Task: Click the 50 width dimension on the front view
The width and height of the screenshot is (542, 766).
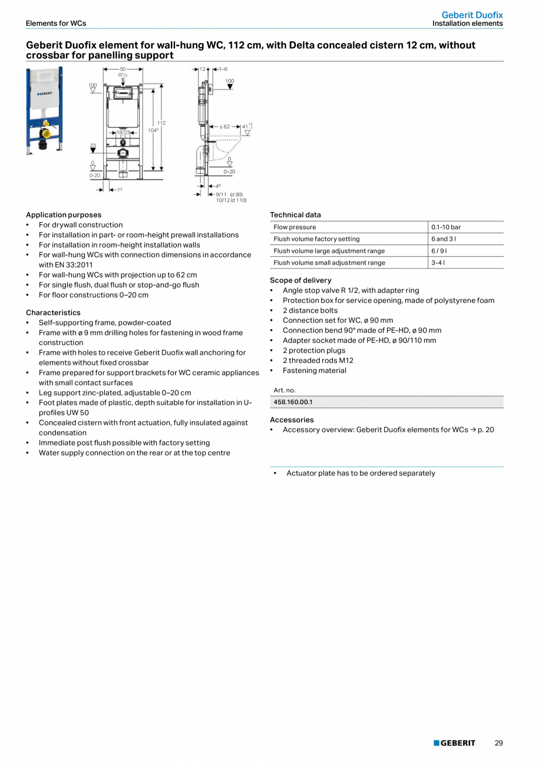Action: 123,70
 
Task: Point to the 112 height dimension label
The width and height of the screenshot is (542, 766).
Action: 161,123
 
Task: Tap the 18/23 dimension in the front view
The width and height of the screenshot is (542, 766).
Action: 123,133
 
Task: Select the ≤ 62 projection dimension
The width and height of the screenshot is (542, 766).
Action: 224,127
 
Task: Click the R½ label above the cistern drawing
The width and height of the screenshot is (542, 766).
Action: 123,75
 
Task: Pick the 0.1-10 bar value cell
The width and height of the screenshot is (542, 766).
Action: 446,227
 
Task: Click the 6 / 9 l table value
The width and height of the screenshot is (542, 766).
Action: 439,251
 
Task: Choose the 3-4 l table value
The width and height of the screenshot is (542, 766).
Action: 438,263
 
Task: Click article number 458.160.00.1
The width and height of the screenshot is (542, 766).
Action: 293,402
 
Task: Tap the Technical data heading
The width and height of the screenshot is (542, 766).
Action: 295,215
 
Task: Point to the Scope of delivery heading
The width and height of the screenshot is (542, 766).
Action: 300,280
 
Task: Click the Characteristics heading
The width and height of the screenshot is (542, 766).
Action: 53,313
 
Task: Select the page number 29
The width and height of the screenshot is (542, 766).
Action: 498,743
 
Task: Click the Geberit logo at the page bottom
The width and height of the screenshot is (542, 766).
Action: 454,743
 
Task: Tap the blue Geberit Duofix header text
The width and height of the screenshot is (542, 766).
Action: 472,15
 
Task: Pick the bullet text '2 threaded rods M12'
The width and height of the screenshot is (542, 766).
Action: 318,361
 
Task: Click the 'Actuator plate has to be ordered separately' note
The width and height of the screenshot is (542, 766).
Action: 361,473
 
